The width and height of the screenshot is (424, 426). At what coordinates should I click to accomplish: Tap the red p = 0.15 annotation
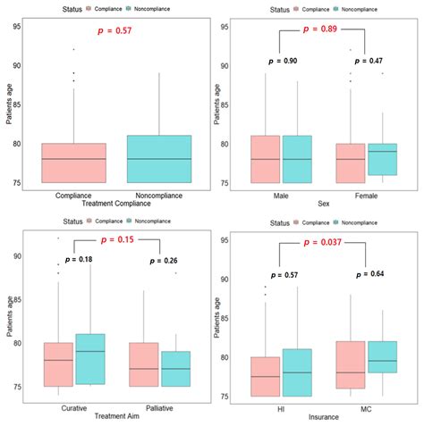pos(116,241)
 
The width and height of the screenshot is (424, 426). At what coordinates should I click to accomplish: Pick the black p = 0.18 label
pos(79,259)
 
